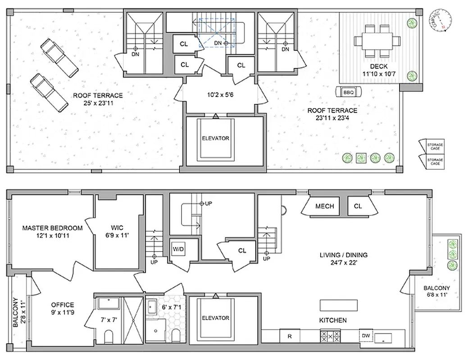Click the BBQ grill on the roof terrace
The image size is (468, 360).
pos(348,92)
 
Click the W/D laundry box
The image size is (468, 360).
pos(177,248)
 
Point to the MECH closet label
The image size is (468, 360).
pos(324,207)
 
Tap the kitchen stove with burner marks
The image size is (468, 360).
pos(329,336)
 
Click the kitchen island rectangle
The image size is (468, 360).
pos(338,305)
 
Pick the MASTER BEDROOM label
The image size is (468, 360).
pos(52,231)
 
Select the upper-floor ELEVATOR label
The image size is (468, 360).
pos(215,138)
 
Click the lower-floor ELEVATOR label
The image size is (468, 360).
pos(215,318)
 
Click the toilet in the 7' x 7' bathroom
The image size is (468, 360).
pos(108,336)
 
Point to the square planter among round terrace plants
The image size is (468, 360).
pos(361,157)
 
